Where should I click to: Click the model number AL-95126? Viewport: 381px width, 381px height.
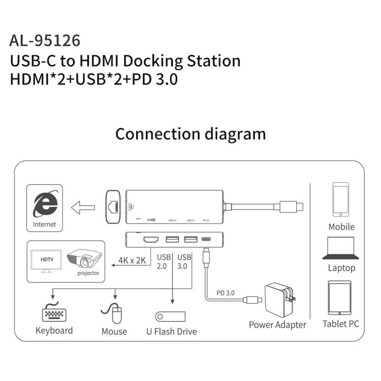pos(45,40)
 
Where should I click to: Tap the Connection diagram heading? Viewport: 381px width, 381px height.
pos(190,134)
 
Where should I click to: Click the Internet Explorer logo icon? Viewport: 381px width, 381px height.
pos(45,205)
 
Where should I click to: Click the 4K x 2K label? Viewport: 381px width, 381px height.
pos(133,260)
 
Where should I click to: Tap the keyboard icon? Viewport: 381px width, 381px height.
pos(55,313)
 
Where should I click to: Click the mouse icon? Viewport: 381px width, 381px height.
pos(114,314)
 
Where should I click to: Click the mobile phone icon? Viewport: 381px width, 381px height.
pos(341,200)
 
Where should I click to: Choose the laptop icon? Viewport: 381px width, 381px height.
pos(341,247)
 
